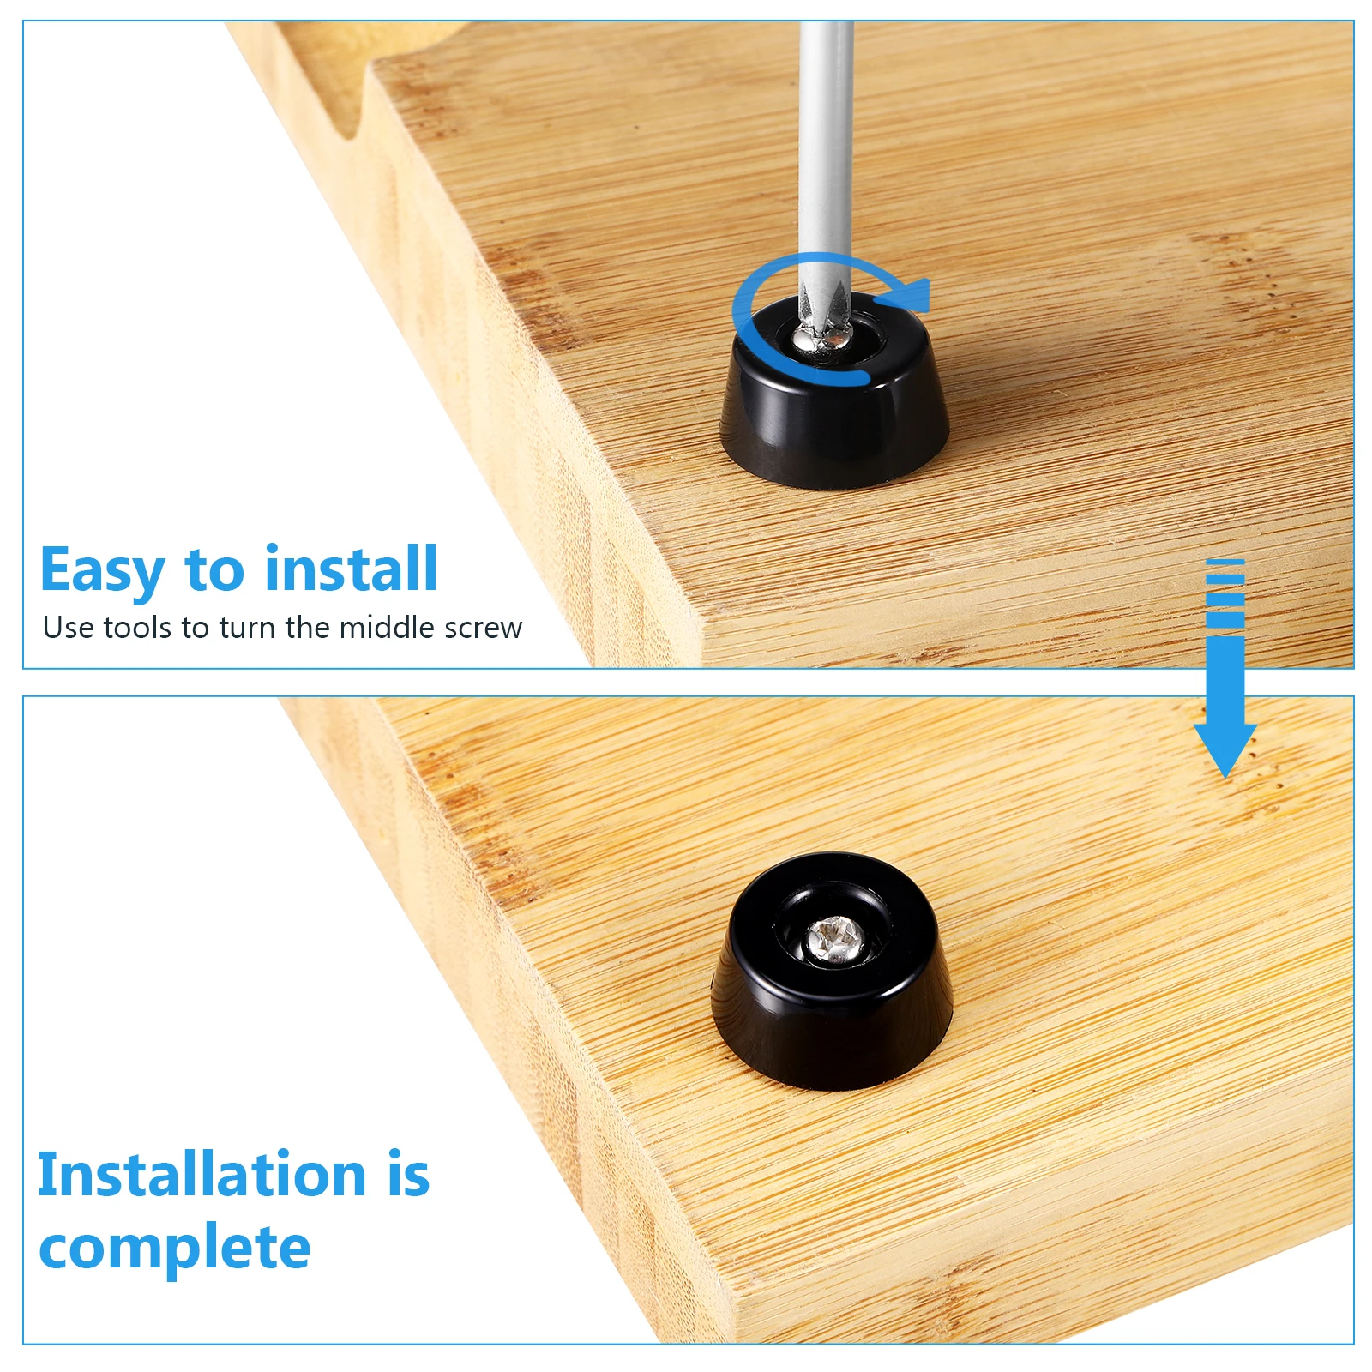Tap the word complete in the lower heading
coord(175,1248)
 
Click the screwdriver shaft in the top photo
coord(825,154)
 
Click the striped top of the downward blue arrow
coord(1225,592)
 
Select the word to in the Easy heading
coord(214,571)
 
